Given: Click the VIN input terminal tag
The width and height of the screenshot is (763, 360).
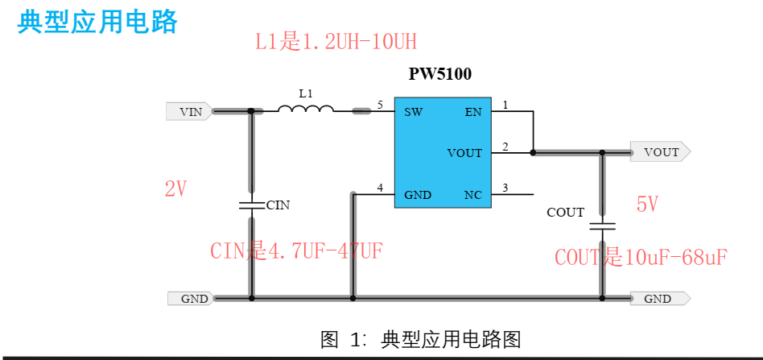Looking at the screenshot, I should point(189,112).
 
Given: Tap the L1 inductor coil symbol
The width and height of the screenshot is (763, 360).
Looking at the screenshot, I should point(306,110).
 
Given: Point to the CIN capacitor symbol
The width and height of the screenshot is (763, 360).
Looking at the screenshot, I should point(251,205).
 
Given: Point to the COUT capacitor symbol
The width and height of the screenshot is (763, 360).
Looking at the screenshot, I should point(602,225).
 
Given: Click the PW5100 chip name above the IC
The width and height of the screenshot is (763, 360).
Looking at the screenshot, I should point(440,74).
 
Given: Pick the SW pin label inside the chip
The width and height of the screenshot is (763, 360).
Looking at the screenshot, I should point(414,112).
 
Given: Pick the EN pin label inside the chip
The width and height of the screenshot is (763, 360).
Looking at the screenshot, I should point(473,112).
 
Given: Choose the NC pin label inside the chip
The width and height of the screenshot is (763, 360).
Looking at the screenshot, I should point(473,195).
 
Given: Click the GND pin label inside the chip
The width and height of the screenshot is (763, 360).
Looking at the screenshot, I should point(418,195).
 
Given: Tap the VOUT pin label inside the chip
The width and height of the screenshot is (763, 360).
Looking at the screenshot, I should point(464,153).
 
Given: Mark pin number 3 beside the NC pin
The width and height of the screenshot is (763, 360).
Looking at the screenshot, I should point(505,188).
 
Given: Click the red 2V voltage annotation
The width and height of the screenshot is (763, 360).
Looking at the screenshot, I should point(175,189).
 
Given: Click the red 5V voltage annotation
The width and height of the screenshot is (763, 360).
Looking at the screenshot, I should point(648,205).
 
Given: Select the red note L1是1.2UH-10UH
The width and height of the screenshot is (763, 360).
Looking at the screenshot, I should point(336,42).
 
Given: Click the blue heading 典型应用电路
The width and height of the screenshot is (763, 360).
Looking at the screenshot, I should point(97,22).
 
